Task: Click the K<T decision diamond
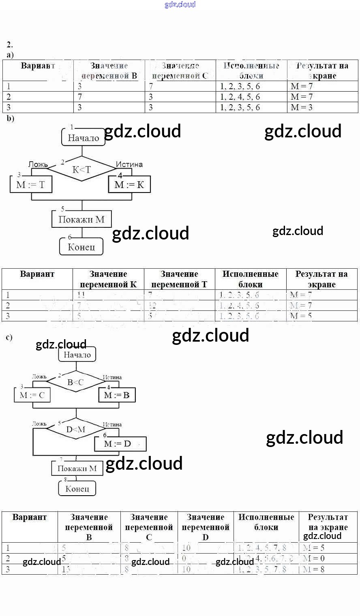(81, 170)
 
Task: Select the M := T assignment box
(31, 185)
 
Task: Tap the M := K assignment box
(129, 185)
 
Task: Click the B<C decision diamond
(75, 382)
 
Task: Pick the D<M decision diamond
(75, 429)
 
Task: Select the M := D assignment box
(120, 444)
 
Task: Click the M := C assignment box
(32, 395)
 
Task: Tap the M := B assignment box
(117, 395)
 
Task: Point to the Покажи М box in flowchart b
(81, 219)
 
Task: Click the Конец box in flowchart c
(77, 488)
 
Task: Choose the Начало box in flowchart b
(83, 138)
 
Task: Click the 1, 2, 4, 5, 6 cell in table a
(240, 97)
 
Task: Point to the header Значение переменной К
(108, 279)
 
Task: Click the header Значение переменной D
(206, 527)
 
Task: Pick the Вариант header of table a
(38, 66)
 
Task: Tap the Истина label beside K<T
(129, 164)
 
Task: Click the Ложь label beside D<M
(39, 424)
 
